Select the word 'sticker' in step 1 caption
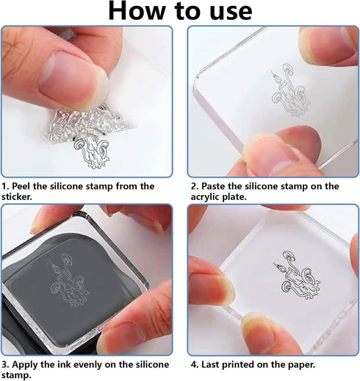(20, 197)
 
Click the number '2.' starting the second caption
(195, 186)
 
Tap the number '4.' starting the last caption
(195, 364)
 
